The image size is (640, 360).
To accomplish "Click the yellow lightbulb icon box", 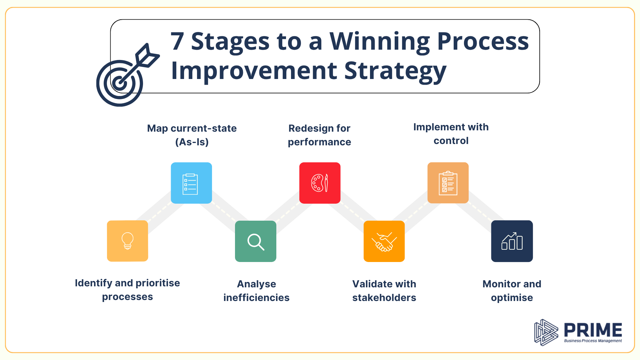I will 127,241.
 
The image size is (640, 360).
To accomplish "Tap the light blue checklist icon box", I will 191,183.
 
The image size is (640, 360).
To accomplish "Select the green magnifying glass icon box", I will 256,241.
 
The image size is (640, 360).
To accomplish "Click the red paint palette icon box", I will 320,183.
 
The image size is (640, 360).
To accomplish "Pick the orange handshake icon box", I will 384,241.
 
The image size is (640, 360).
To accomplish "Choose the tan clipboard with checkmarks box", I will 448,183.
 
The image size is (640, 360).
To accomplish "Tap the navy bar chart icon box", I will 512,241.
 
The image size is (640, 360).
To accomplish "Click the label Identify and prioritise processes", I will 127,290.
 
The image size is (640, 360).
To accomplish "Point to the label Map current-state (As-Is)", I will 192,135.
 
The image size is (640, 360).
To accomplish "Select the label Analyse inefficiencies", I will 256,291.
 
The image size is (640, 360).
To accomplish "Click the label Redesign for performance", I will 319,135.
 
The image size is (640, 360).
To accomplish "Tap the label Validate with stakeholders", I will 384,291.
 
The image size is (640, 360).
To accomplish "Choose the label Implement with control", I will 451,134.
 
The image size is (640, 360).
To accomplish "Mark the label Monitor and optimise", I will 512,291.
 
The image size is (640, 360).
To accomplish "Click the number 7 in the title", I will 177,41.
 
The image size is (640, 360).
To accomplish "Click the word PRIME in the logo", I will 593,330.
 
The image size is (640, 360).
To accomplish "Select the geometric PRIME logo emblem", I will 545,332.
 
